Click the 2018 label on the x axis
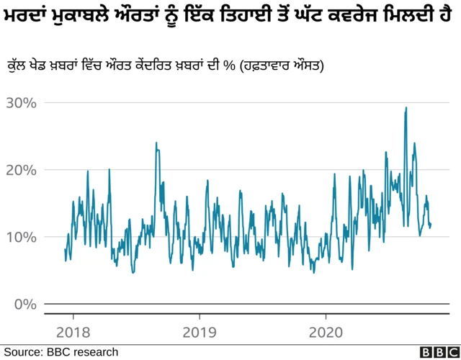[73, 333]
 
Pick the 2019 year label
[199, 333]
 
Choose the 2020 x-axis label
[326, 333]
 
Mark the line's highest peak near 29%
[406, 108]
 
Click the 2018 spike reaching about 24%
[156, 143]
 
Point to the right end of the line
[431, 225]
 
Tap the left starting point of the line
[65, 250]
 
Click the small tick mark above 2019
[199, 318]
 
